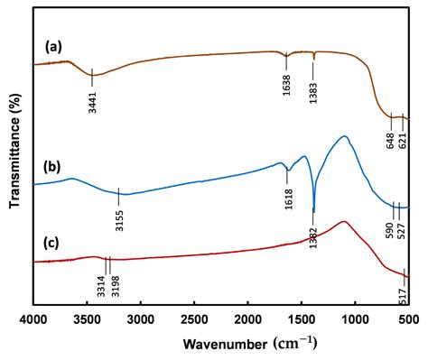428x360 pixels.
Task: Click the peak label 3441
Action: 92,103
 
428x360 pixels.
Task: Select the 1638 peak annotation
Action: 286,86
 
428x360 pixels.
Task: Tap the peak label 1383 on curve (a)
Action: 313,94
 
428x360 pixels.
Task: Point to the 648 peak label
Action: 391,140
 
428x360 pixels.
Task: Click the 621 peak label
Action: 403,140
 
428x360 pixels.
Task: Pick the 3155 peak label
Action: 119,221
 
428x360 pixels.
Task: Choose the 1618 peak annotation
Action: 289,198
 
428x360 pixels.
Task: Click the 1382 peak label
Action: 313,237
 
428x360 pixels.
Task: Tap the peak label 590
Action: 390,231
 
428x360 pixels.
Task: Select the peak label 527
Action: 402,231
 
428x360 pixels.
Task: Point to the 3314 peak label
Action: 101,287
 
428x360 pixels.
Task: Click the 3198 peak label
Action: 116,287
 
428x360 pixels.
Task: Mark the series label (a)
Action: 53,47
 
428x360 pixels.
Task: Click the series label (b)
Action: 53,168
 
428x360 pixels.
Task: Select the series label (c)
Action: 51,244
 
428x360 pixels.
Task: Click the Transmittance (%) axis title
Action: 15,151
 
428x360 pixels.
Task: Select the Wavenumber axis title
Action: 250,344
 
